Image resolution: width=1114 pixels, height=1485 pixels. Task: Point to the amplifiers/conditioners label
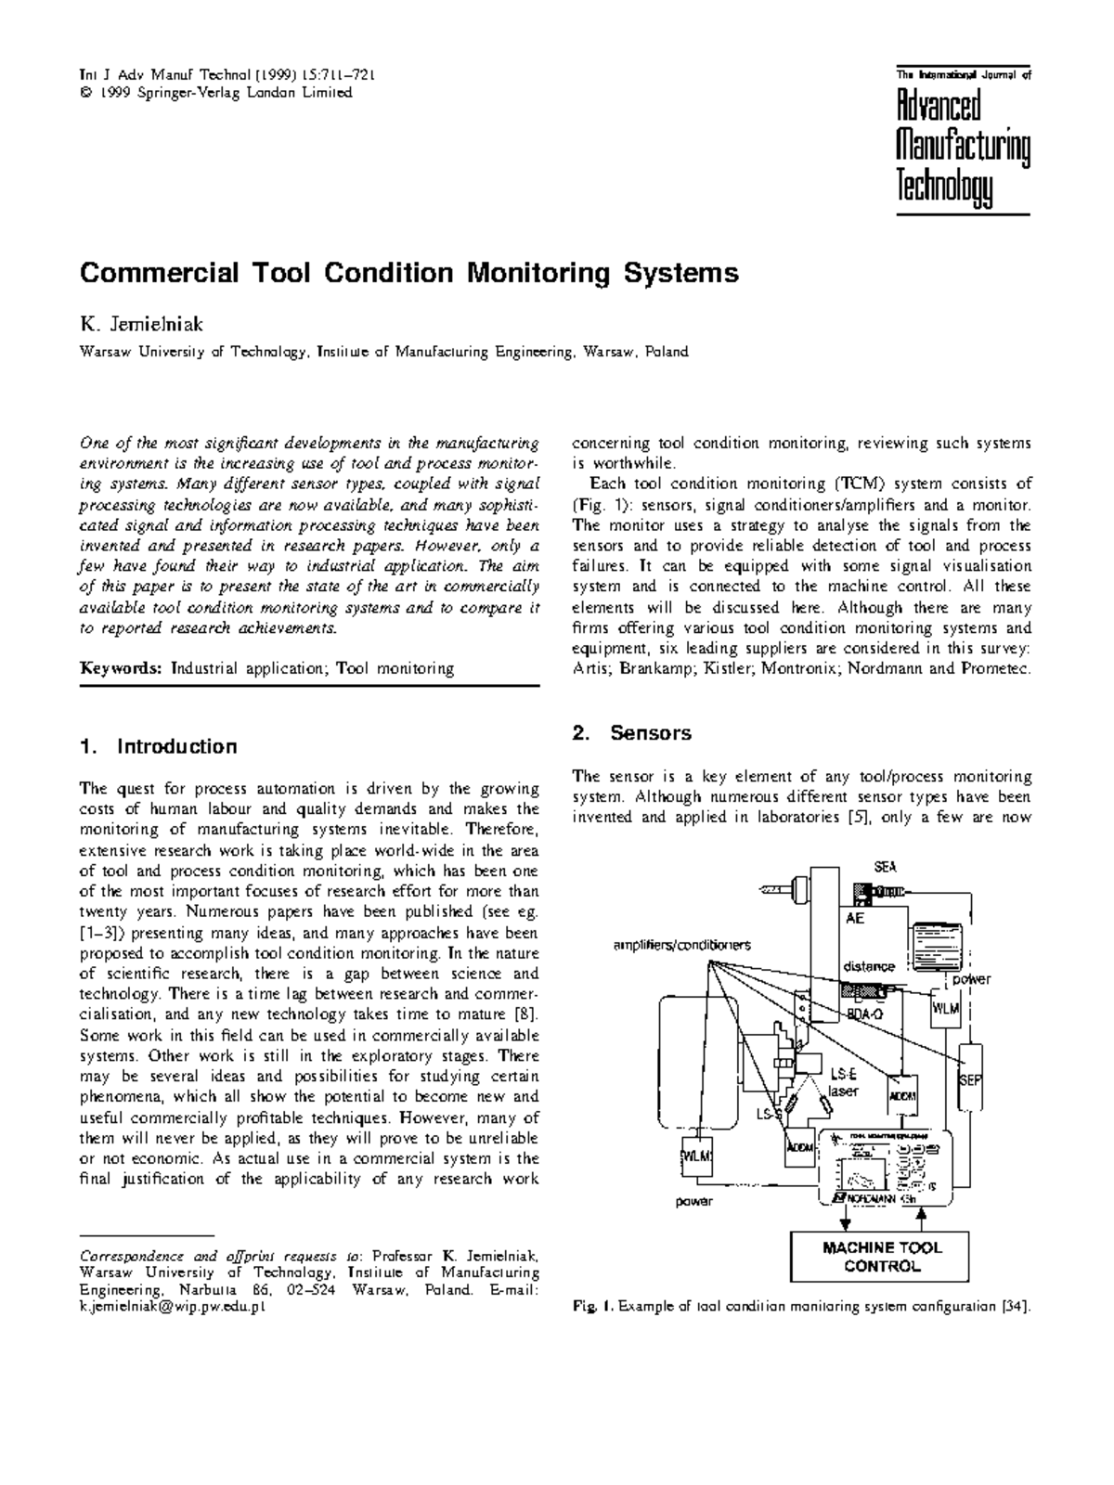tap(681, 945)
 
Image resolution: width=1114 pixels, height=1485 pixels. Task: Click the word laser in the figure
tap(843, 1091)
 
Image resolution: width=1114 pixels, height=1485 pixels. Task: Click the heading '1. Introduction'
tap(159, 746)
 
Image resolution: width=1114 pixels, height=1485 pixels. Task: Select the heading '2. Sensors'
tap(631, 732)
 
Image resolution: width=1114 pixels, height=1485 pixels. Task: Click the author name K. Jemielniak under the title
tap(142, 325)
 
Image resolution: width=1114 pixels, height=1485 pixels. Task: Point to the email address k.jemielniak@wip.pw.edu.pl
tap(173, 1306)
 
